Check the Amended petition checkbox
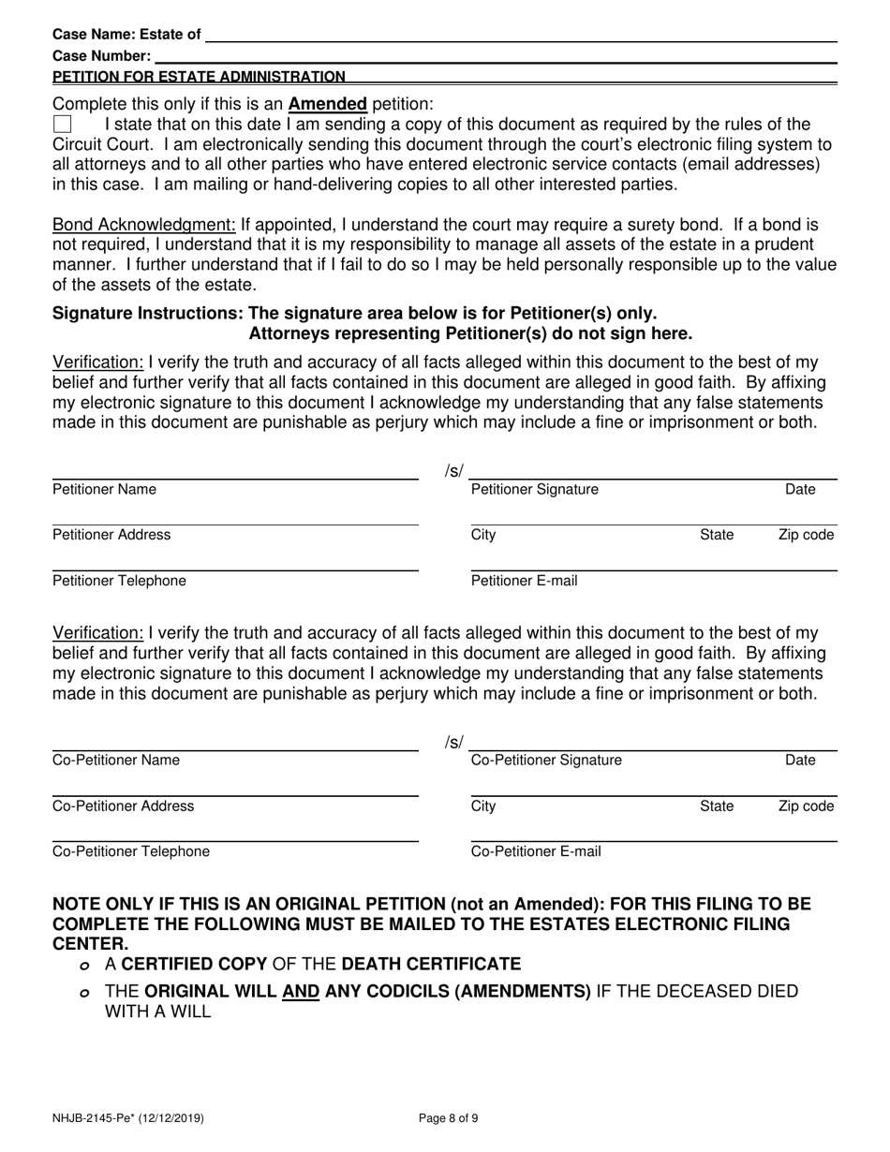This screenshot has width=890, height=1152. (x=62, y=125)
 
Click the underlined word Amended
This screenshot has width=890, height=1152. (x=327, y=104)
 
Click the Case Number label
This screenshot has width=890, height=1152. (x=101, y=56)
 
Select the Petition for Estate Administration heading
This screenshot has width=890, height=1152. (x=199, y=77)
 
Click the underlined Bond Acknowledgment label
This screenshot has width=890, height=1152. (x=144, y=226)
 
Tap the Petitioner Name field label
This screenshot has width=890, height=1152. (x=104, y=489)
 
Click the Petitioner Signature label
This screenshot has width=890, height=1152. (x=534, y=489)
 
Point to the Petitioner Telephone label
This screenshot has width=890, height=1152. (x=119, y=581)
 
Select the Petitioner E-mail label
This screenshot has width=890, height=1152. (x=524, y=581)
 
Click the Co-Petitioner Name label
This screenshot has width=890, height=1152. (x=115, y=760)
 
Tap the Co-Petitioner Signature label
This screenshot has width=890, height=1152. (x=545, y=760)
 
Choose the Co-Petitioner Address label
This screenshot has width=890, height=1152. (x=123, y=805)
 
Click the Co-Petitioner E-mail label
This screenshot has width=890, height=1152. (x=535, y=851)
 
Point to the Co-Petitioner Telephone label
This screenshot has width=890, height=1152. (x=130, y=851)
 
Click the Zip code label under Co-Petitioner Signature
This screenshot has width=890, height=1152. (x=806, y=805)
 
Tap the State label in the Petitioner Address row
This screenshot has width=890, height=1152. (x=717, y=535)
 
